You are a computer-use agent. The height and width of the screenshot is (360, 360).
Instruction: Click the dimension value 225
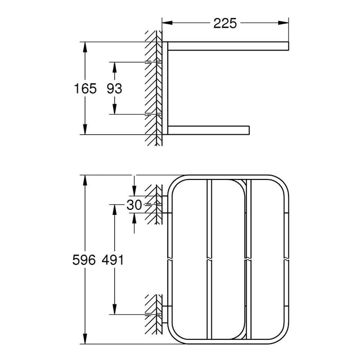(x=225, y=23)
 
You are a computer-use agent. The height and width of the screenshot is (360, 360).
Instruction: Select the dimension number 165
(x=85, y=88)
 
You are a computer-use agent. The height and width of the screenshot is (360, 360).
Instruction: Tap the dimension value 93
(x=114, y=88)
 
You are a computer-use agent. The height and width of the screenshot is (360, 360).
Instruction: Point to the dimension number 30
(x=134, y=205)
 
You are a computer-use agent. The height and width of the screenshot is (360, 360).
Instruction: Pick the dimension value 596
(x=85, y=260)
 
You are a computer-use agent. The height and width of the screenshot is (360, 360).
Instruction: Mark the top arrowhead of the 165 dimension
(x=85, y=47)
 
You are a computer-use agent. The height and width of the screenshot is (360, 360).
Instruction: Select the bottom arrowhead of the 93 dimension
(x=114, y=110)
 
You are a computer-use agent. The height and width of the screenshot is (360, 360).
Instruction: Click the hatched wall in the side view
(x=153, y=87)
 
